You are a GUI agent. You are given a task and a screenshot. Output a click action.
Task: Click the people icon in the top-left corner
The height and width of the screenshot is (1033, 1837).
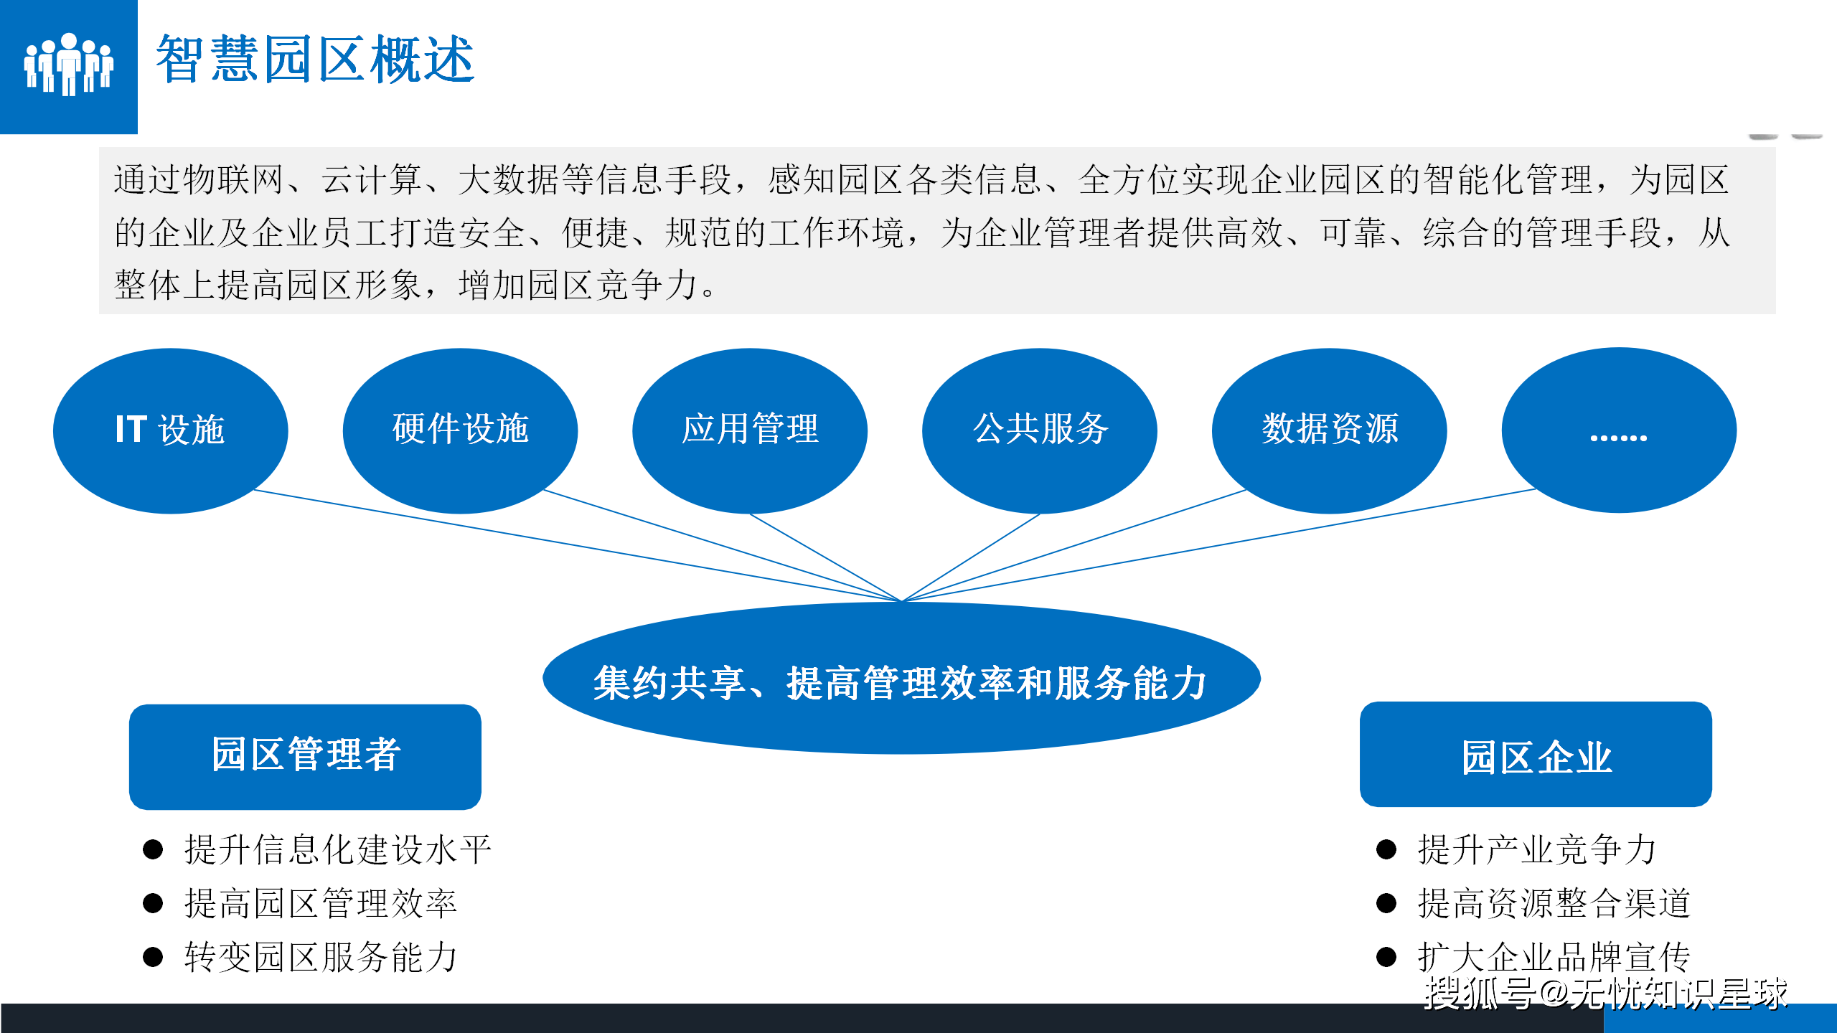[69, 65]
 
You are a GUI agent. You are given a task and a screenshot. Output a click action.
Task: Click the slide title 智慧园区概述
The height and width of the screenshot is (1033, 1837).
[315, 59]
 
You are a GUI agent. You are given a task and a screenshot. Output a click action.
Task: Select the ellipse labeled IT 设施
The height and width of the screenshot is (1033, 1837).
[171, 430]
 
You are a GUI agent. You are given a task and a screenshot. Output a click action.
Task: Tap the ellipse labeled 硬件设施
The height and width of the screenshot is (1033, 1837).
[461, 430]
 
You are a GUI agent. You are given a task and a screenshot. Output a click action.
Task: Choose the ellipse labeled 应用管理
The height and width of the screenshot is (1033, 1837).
[750, 430]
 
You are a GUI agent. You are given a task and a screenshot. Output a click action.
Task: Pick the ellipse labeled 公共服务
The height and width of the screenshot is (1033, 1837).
[1040, 430]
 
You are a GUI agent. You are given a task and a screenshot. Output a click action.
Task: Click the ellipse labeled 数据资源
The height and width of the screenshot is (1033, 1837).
[1330, 430]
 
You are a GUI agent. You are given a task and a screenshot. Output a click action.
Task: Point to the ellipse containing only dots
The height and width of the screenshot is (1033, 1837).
[1619, 430]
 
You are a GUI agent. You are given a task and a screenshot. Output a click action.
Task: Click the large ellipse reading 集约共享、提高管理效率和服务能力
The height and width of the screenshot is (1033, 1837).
[901, 678]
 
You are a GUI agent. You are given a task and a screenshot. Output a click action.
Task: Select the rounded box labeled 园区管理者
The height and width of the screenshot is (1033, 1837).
[305, 757]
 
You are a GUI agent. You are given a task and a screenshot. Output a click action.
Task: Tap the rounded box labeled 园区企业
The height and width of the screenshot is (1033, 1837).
[1536, 755]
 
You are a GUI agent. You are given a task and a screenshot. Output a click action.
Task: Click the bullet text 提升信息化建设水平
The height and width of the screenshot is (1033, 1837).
[338, 849]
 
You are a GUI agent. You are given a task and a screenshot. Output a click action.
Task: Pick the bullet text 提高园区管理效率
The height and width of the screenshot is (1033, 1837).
[321, 903]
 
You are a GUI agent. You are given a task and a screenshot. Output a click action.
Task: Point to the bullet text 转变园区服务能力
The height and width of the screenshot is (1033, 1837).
[321, 957]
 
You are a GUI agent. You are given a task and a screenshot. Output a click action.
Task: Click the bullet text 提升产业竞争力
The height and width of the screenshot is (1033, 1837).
[1537, 849]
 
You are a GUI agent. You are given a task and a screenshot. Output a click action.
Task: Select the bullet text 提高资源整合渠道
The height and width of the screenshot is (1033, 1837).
[1554, 903]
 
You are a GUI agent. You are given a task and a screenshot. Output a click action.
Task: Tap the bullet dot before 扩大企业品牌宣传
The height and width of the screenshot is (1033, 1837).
[1386, 957]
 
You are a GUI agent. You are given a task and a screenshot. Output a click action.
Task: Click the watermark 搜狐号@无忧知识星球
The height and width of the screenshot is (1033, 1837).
[1606, 994]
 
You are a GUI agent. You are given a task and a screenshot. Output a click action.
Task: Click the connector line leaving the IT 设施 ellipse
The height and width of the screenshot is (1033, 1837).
[578, 546]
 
